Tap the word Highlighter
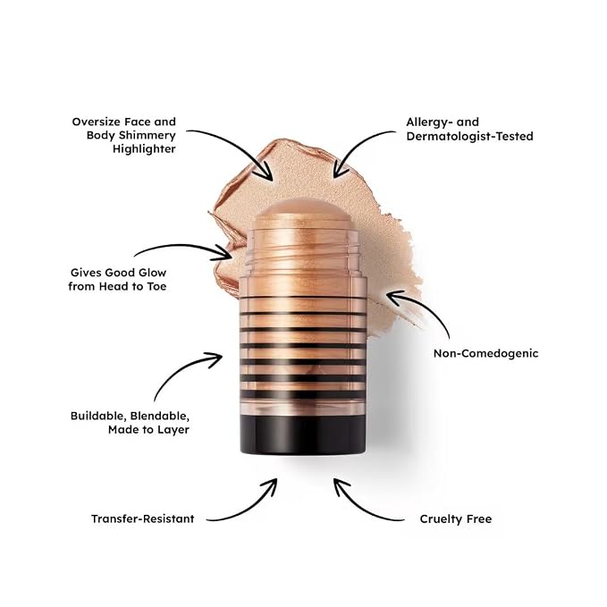coord(144,149)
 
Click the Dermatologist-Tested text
coord(469,136)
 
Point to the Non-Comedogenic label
coord(485,353)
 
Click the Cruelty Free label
coord(456,518)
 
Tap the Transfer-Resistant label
coord(142,518)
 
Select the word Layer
coord(175,430)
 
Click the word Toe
coord(156,286)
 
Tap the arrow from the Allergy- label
coord(356,145)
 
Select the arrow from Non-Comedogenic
coord(426,306)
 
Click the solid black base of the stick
coord(303,434)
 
